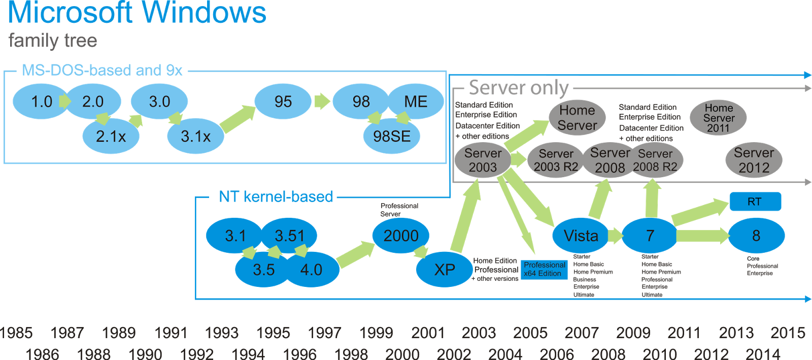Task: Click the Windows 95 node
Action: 283,102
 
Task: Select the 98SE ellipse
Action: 392,136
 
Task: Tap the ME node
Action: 416,102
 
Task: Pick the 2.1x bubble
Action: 111,136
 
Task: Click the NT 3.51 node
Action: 289,236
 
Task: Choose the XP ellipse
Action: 445,270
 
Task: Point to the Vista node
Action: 581,236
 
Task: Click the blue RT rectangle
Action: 755,202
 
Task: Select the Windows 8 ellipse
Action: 756,236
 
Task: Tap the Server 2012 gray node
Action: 754,160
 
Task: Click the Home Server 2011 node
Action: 719,118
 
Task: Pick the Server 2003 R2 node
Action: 556,160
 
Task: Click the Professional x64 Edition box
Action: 544,269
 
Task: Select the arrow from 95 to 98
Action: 322,102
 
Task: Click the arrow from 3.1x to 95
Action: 238,119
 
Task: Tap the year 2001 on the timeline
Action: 428,333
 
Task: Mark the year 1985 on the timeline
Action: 17,333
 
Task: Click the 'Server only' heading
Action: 518,88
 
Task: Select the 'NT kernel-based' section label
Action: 276,197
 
